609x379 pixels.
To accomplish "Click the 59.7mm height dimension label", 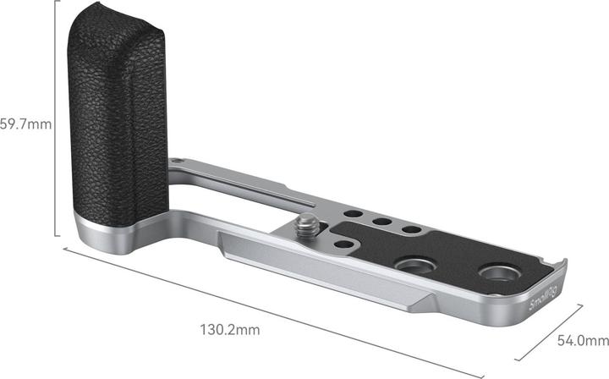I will click(26, 124).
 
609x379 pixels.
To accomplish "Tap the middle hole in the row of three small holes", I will click(381, 222).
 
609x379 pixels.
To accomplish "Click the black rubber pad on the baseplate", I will click(448, 254).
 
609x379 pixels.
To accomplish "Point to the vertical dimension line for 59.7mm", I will click(56, 127).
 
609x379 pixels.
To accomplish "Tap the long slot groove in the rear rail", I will click(245, 187).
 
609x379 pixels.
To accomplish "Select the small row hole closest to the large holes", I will click(409, 229).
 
